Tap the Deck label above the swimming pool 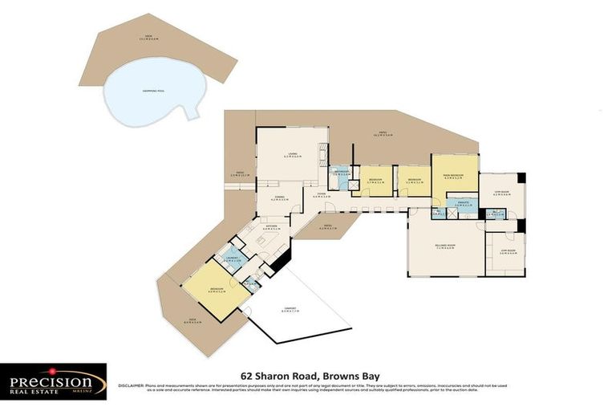point(148,37)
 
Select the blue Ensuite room point(462,205)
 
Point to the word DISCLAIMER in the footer point(132,385)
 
